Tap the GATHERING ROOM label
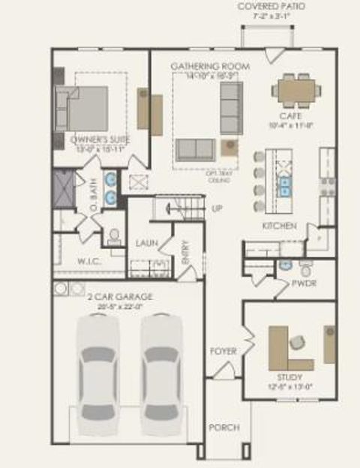(210, 66)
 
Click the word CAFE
(291, 115)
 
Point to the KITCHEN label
(279, 226)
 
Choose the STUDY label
(289, 376)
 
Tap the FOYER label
(223, 351)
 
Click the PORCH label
(224, 427)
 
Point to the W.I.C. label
(91, 262)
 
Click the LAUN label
(145, 243)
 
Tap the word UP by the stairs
(217, 208)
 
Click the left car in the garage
(97, 367)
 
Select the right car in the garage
(162, 367)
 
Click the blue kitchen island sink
(286, 185)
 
